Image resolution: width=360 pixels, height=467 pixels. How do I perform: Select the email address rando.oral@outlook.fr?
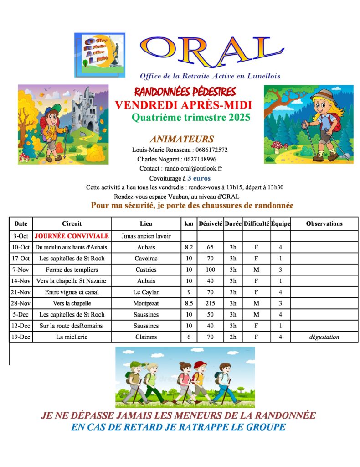193,169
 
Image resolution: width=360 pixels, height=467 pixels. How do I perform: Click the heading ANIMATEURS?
182,139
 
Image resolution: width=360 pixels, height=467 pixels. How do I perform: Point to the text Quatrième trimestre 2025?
191,118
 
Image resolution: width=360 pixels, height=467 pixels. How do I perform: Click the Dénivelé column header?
210,223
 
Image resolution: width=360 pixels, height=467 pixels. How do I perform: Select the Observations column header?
324,223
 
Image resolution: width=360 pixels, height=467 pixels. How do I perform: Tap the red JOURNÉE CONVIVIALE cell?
72,236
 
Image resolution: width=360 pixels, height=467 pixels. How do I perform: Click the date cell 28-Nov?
21,303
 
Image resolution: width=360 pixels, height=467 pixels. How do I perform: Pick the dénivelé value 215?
210,303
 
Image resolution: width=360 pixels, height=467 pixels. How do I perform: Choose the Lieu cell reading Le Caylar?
146,292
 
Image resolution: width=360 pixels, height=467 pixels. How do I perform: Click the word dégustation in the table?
324,337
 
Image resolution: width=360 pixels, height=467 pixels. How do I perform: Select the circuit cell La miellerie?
72,337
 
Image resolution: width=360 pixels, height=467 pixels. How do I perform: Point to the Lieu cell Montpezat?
146,303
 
